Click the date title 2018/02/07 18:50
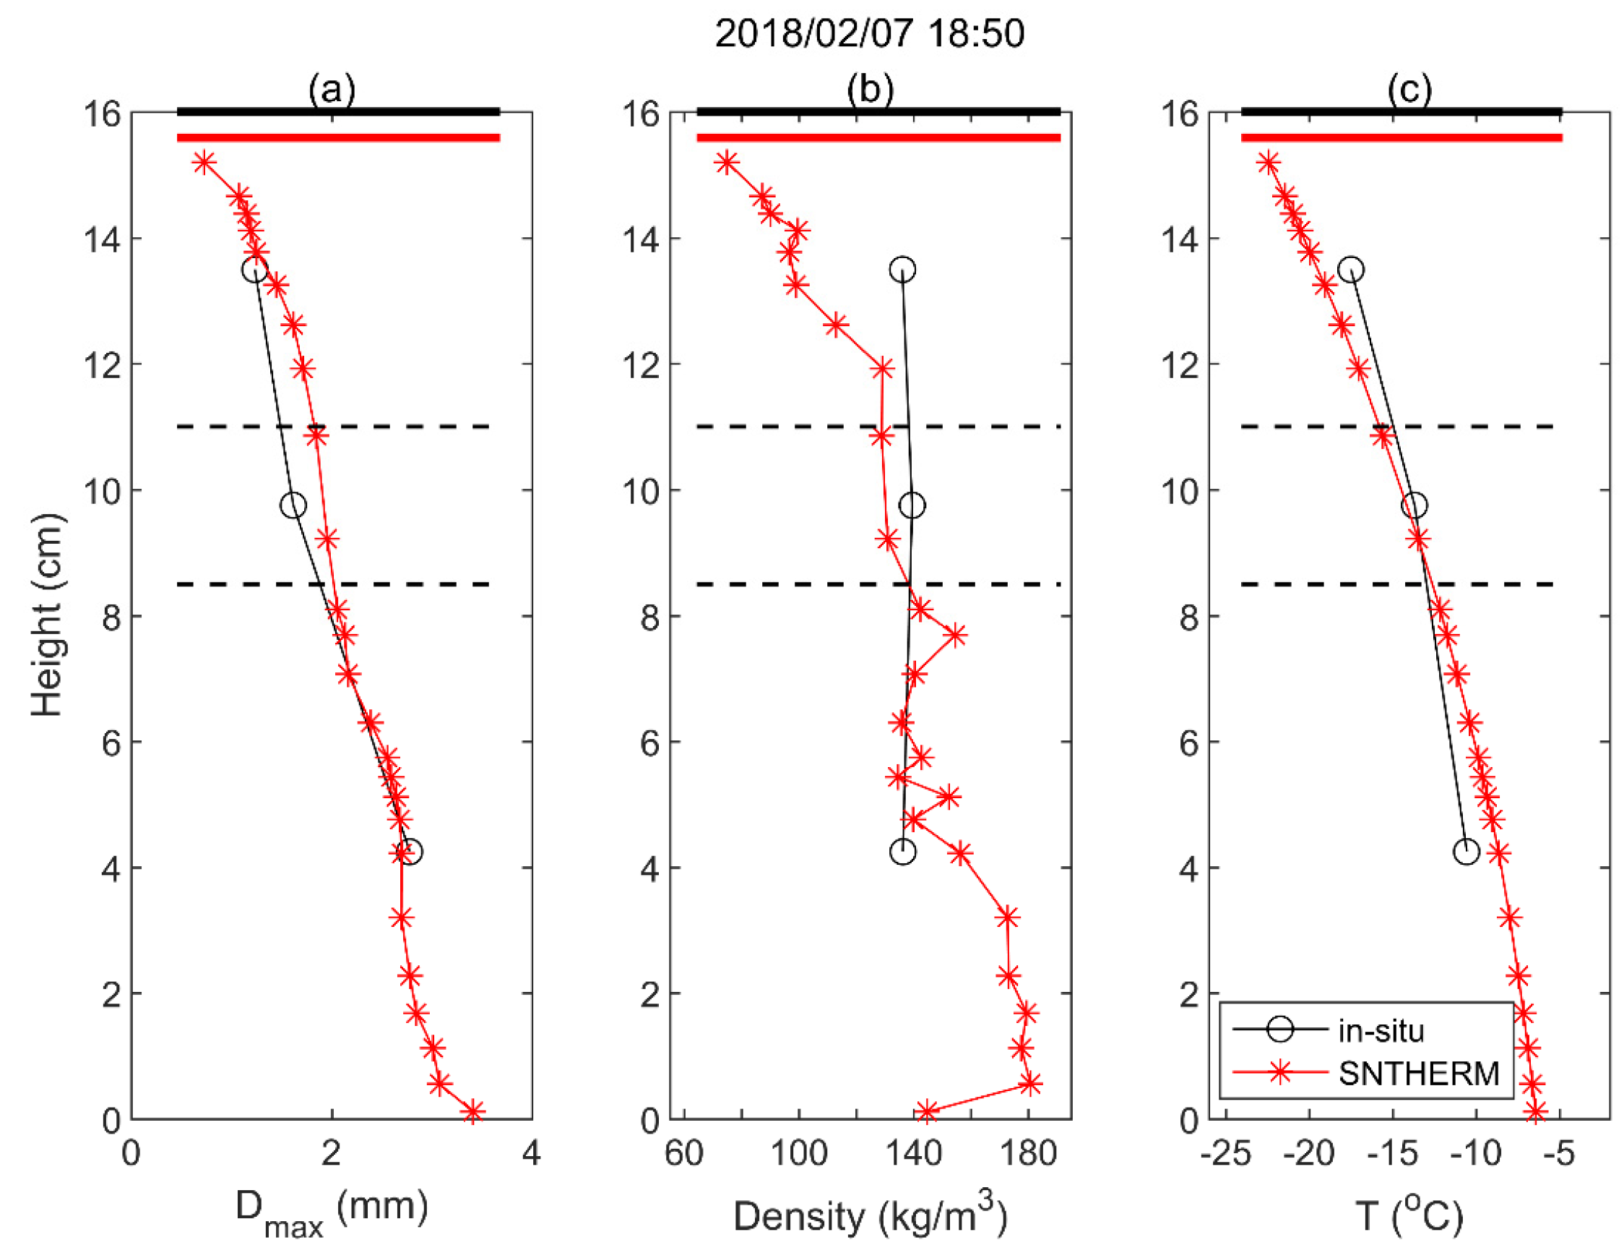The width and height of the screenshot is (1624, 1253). pyautogui.click(x=869, y=33)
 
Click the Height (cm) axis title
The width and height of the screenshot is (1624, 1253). pyautogui.click(x=46, y=615)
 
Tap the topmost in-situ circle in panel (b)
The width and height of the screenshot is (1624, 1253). pyautogui.click(x=902, y=270)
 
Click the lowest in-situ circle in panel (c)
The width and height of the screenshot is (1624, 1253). pyautogui.click(x=1466, y=851)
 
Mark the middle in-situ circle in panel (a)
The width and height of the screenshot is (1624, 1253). pyautogui.click(x=293, y=505)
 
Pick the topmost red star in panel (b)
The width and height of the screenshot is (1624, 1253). pyautogui.click(x=727, y=162)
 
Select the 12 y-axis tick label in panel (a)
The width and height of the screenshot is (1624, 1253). pyautogui.click(x=103, y=365)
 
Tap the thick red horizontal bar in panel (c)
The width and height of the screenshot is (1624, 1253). pyautogui.click(x=1401, y=137)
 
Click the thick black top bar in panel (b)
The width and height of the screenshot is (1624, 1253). pyautogui.click(x=878, y=111)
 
